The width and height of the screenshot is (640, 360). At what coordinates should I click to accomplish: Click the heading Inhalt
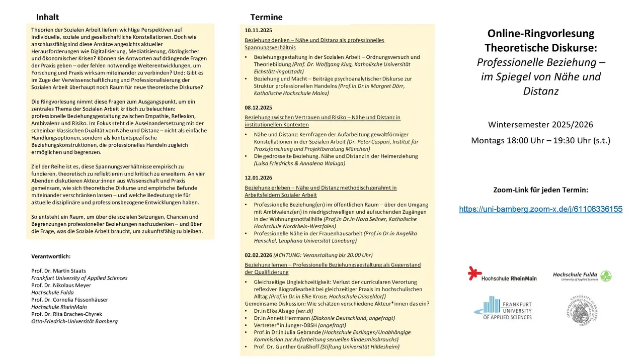(47, 17)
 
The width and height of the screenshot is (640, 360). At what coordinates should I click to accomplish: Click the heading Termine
(266, 17)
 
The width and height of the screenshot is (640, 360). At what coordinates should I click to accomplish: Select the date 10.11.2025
(258, 30)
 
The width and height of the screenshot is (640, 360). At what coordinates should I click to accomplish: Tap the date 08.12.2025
(258, 108)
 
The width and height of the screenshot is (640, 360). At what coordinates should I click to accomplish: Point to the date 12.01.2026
(258, 178)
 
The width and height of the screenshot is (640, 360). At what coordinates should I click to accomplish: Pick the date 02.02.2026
(258, 255)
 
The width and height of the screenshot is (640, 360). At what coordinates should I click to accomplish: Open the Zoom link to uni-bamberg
(540, 209)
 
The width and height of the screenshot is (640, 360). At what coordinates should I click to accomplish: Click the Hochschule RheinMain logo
(502, 274)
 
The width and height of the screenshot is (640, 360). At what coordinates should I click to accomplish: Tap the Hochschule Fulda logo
(582, 276)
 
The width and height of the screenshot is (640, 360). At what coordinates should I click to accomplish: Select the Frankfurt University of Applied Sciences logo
(503, 308)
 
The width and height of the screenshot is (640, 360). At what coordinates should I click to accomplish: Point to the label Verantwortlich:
(51, 256)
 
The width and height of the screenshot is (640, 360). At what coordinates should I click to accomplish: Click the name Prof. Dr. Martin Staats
(58, 271)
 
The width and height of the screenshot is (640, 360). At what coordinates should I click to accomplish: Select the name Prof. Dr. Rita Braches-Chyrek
(66, 314)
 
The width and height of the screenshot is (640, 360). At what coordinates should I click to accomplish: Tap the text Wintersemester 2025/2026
(540, 124)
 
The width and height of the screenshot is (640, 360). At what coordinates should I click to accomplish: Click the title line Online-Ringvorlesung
(540, 34)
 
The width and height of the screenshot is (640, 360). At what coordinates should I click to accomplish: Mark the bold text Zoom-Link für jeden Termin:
(540, 190)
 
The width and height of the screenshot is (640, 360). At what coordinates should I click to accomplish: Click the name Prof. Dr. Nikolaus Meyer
(61, 285)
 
